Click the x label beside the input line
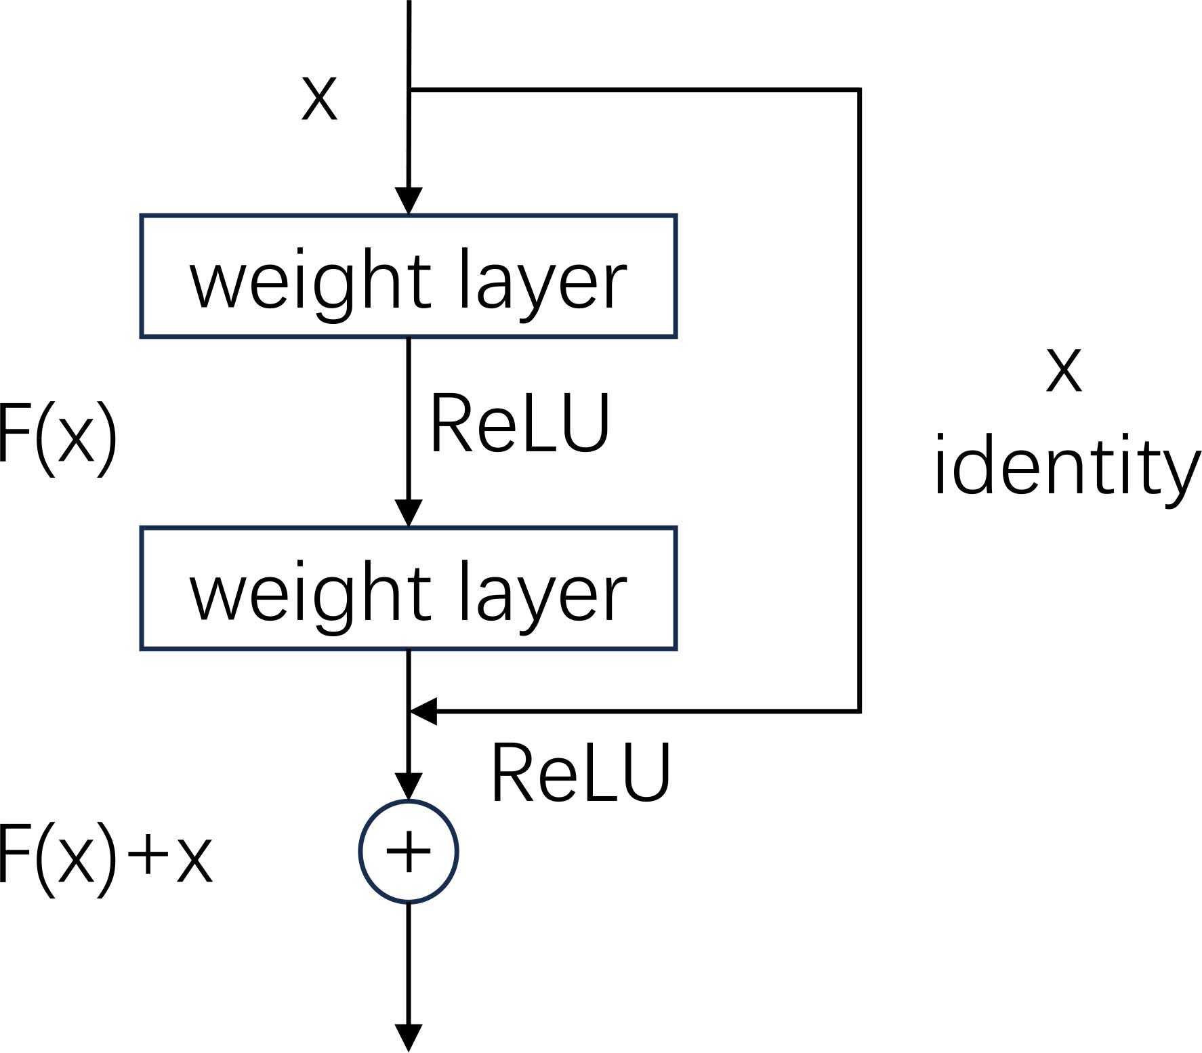pos(318,99)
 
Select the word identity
pos(1066,468)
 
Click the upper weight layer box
pos(408,276)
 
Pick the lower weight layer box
pos(408,588)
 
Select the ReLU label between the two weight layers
pos(520,424)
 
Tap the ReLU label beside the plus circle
pos(580,772)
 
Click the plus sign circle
pos(409,852)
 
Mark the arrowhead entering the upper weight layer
pos(409,201)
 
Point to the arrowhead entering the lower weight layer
pos(409,513)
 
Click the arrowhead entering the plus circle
pos(409,787)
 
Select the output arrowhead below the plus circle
pos(409,1037)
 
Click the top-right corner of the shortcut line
pos(859,89)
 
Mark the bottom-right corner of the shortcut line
pos(859,711)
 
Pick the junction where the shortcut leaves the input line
pos(409,89)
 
